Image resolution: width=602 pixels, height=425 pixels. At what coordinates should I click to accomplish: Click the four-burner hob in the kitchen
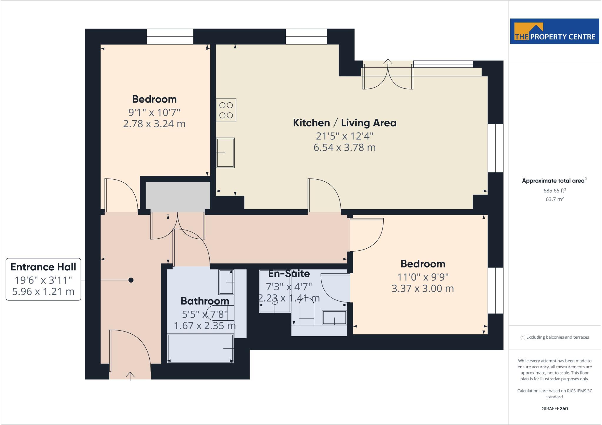click(226, 110)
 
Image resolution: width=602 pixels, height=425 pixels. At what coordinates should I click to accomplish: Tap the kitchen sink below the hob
click(225, 153)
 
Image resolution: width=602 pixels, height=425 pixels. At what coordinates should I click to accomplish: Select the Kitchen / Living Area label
click(345, 123)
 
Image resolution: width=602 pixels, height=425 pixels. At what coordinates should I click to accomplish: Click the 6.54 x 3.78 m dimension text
click(345, 147)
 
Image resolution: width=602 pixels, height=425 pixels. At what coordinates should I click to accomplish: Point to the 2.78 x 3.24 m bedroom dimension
click(154, 124)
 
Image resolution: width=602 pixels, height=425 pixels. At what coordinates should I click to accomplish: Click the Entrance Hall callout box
click(44, 279)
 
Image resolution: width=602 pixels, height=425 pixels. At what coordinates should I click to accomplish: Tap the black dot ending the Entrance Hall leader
click(131, 280)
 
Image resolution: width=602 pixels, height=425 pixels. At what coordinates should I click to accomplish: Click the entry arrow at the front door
click(130, 376)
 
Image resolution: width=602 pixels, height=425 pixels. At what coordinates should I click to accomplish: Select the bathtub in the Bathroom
click(200, 349)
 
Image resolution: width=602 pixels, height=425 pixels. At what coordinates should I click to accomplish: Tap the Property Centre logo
click(554, 31)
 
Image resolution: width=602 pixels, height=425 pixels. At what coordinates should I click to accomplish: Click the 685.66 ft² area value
click(555, 190)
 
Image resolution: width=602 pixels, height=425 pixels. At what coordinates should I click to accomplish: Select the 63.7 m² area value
click(555, 199)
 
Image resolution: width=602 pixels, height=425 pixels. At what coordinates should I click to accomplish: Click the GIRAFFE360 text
click(555, 409)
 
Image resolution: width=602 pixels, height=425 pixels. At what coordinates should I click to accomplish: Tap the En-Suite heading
click(289, 274)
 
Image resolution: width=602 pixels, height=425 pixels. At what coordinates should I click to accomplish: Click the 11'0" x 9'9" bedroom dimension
click(423, 277)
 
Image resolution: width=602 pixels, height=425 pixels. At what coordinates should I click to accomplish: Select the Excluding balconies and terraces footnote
click(555, 337)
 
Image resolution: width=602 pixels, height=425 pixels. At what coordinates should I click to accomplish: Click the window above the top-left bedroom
click(170, 36)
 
